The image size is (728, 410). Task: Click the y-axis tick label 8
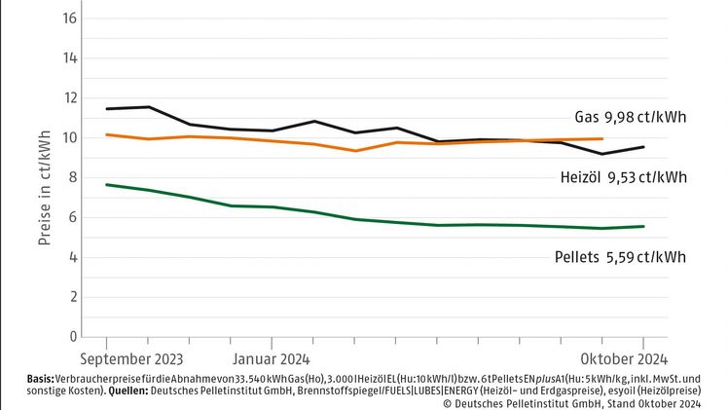[x=70, y=177]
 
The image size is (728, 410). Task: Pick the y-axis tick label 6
[x=70, y=217]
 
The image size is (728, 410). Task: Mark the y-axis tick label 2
[x=70, y=297]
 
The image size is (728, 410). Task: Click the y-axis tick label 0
[x=70, y=337]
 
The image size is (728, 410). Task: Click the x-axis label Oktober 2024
[x=625, y=356]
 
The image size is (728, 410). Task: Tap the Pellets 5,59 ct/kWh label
[x=614, y=257]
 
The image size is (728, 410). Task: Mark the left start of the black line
[x=106, y=108]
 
